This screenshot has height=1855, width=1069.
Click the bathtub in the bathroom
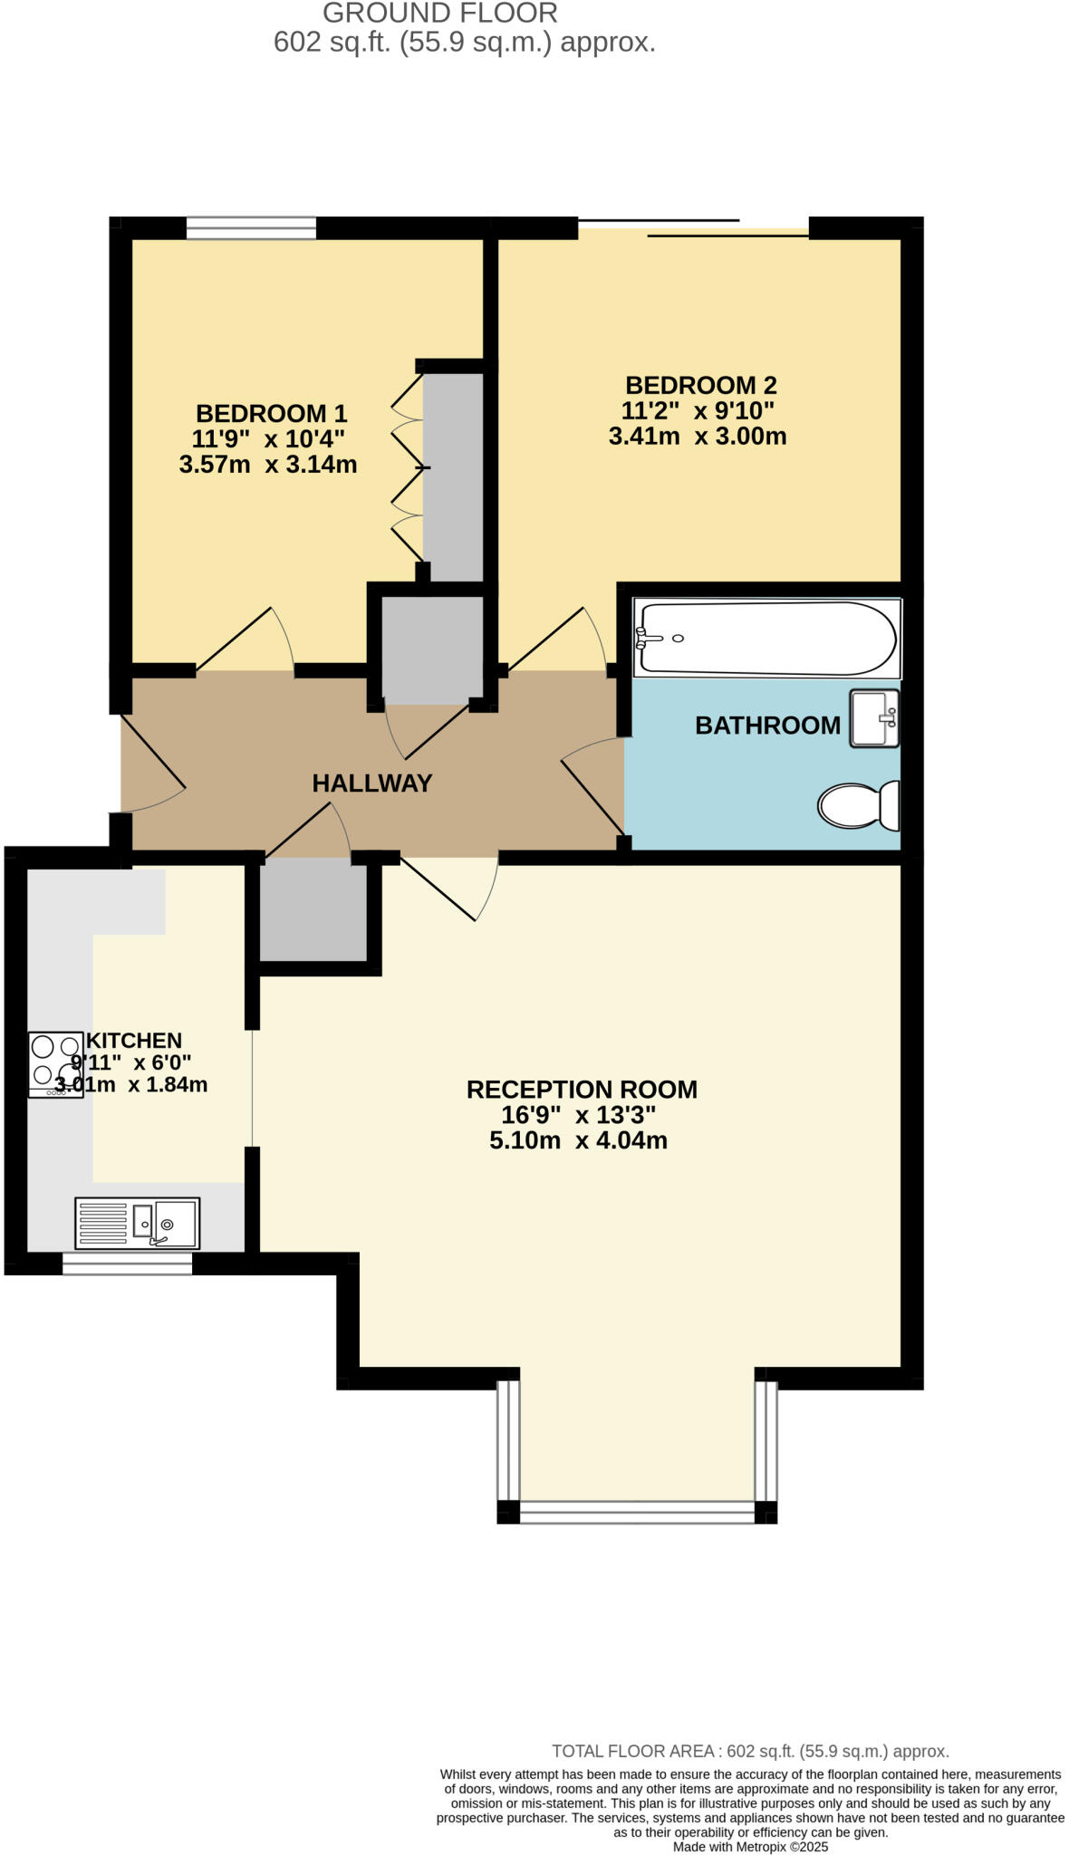(766, 638)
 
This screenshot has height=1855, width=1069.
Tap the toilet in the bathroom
(857, 804)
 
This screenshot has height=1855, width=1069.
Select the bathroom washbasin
(873, 718)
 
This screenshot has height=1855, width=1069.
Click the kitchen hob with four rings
(55, 1064)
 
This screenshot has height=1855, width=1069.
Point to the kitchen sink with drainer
(137, 1223)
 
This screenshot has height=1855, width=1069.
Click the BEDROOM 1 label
(271, 414)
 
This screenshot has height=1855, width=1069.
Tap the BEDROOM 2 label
(700, 385)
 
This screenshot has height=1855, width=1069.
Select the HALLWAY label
(371, 783)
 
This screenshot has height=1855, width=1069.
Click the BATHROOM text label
(767, 726)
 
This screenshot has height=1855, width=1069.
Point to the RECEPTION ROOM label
(582, 1089)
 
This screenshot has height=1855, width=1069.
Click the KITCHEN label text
(134, 1041)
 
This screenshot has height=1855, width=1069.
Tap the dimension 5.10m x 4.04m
(578, 1140)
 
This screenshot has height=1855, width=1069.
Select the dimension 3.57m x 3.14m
(268, 466)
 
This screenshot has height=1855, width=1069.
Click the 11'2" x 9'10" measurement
(698, 410)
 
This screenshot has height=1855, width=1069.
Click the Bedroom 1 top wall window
(251, 227)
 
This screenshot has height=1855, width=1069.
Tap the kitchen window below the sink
(127, 1264)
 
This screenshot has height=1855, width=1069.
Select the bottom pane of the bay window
(637, 1512)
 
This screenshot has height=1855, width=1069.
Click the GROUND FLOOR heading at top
(440, 14)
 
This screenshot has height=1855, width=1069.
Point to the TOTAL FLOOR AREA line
(750, 1751)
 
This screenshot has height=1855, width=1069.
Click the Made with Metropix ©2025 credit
(750, 1846)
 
